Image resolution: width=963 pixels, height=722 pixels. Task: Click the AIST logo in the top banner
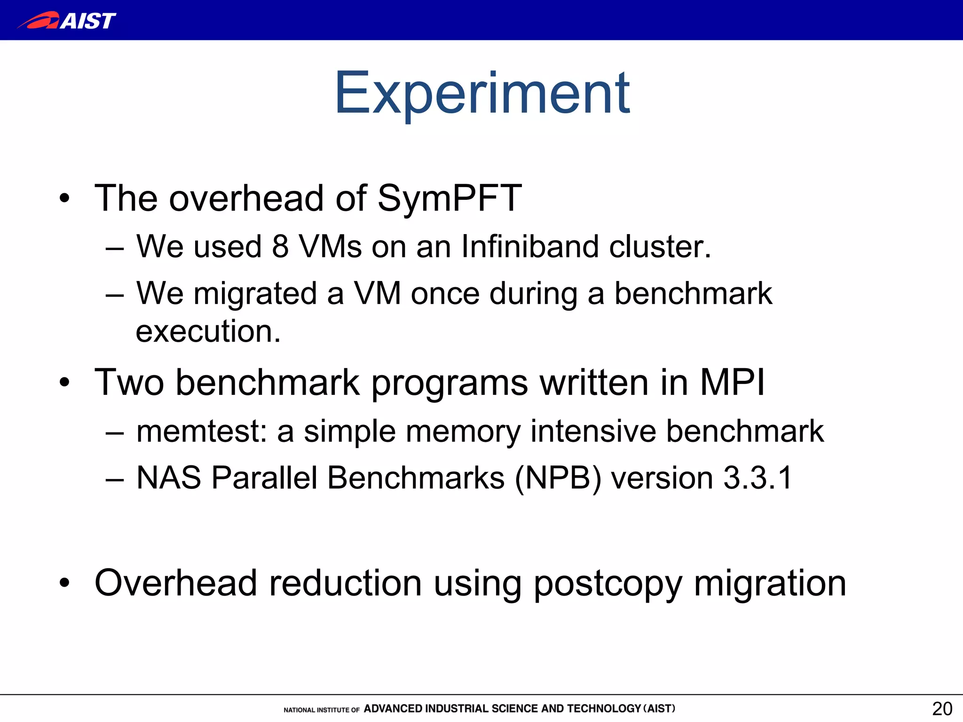(67, 21)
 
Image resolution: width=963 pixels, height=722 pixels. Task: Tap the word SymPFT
(449, 199)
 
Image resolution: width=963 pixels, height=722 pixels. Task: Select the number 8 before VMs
(280, 246)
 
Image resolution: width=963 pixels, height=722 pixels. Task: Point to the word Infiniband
(529, 246)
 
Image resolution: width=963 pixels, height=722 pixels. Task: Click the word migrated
(255, 294)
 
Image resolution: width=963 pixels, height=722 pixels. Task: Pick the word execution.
(208, 331)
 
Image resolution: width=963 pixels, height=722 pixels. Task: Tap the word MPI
(732, 383)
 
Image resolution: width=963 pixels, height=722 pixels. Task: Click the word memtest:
(201, 431)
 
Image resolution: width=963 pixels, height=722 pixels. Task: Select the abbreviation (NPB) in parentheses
(558, 479)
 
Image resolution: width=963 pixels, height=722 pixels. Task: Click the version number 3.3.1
(758, 478)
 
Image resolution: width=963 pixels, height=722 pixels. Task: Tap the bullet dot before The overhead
(64, 199)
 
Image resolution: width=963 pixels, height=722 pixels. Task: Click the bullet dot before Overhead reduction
(64, 583)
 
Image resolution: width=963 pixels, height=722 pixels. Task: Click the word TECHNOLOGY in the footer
(604, 709)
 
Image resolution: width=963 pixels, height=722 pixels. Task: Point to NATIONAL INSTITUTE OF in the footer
(321, 710)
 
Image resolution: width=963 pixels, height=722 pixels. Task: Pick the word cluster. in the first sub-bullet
(660, 246)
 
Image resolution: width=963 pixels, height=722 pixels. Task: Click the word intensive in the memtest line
(593, 431)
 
